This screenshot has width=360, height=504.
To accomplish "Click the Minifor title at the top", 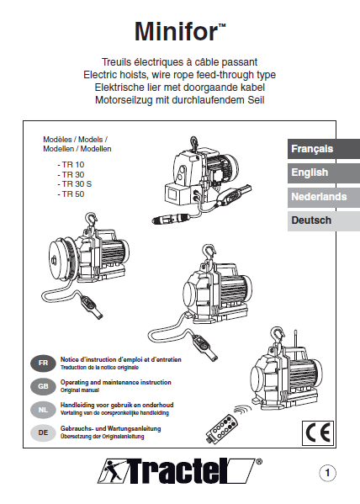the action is tap(180, 31).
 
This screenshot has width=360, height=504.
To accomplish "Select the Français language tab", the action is tap(324, 149).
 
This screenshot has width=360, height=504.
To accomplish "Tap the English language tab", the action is tap(324, 172).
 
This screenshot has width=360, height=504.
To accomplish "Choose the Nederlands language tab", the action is tap(324, 197).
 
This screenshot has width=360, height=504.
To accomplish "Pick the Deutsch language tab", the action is tap(324, 220).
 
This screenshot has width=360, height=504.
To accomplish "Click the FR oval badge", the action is tap(43, 363).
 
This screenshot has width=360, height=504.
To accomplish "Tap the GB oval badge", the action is tap(43, 386).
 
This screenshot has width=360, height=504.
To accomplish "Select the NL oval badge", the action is tap(43, 410).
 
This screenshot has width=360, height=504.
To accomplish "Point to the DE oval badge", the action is tap(43, 432).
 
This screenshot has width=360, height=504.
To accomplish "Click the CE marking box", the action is tap(318, 432).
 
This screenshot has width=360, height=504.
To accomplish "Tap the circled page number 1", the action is tap(327, 473).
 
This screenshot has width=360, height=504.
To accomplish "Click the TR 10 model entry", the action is tap(71, 165).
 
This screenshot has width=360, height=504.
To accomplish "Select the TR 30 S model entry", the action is tap(75, 184).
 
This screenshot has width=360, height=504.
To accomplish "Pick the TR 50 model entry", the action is tap(71, 194).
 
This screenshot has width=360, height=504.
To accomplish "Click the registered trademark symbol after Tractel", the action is tap(258, 462).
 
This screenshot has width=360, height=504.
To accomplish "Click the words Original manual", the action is tap(80, 390).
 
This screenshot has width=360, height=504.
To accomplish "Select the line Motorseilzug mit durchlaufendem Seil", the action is tap(180, 100).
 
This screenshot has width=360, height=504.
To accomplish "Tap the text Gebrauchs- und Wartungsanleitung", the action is tap(110, 428).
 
